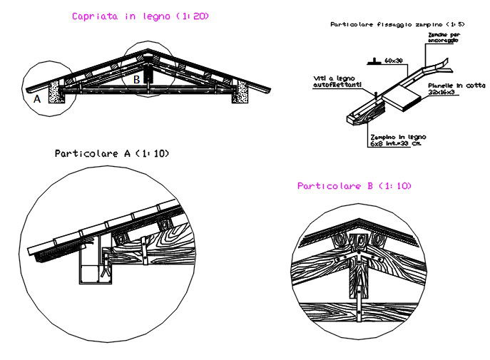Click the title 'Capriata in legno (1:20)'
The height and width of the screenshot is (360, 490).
pos(141,16)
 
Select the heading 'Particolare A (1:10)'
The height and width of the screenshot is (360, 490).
pos(112,153)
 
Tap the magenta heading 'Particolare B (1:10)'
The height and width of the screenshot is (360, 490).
pos(354,186)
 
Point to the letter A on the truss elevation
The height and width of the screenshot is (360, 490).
pos(37,100)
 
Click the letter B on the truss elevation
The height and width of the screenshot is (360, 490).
pos(136,80)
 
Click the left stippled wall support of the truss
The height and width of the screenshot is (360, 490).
pos(53,91)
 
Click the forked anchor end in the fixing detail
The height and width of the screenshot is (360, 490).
pos(441,66)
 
